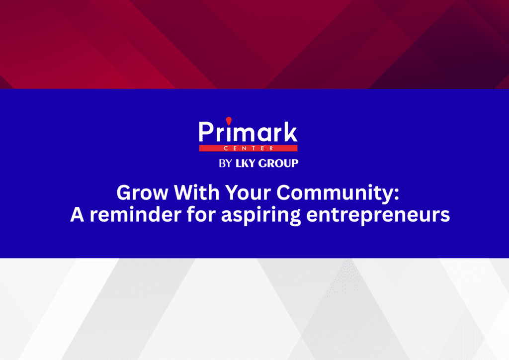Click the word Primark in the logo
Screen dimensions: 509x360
click(x=248, y=132)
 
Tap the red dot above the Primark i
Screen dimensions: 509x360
click(x=229, y=121)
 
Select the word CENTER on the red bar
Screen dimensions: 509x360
click(x=249, y=148)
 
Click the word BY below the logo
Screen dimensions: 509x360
click(x=225, y=163)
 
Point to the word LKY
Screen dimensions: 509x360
click(x=245, y=163)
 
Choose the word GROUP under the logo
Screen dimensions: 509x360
click(x=278, y=163)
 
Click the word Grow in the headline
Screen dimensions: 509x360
click(x=142, y=192)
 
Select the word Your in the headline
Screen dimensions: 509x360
click(x=248, y=192)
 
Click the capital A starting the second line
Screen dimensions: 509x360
click(x=77, y=215)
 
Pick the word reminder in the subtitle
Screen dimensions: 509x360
click(x=135, y=214)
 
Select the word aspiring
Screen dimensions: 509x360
click(x=260, y=215)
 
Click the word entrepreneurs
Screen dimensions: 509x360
click(x=378, y=216)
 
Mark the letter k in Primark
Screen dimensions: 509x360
click(x=290, y=132)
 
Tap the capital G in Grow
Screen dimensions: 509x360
click(x=124, y=192)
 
